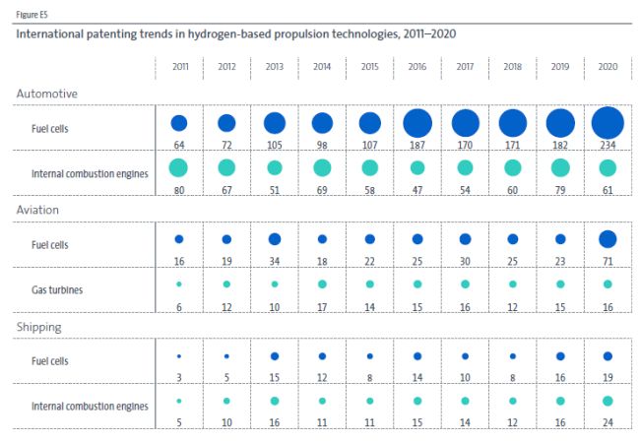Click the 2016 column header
point(417,67)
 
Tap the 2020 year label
point(608,67)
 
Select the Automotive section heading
point(47,94)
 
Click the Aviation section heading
point(37,210)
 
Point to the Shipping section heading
point(39,327)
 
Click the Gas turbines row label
point(57,289)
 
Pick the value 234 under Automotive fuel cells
point(608,145)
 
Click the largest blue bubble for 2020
point(608,123)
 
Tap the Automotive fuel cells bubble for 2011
point(179,123)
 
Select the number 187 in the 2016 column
point(417,145)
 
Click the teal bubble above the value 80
point(178,167)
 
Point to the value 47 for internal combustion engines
point(417,190)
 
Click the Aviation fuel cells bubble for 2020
point(608,239)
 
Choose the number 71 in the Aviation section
point(608,261)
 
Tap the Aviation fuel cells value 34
point(275,261)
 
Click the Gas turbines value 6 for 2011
point(179,307)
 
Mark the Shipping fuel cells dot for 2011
point(179,356)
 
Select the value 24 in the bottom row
point(608,422)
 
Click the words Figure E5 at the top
point(32,15)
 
